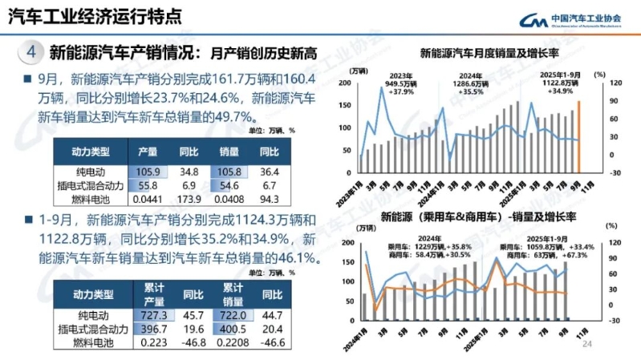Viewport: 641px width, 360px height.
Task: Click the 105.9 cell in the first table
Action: point(148,171)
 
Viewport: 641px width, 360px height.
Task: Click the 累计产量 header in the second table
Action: point(152,293)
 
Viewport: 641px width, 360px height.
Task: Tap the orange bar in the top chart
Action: point(578,136)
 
